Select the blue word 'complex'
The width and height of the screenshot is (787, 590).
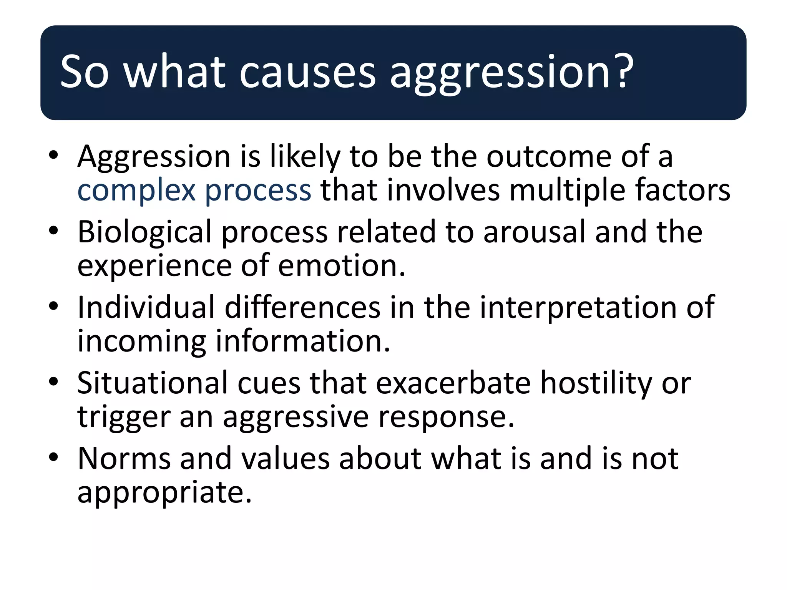pos(136,191)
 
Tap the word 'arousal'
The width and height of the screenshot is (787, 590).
pos(534,232)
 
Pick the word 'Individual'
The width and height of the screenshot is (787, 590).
pos(146,307)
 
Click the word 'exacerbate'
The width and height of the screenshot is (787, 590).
pos(453,383)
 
